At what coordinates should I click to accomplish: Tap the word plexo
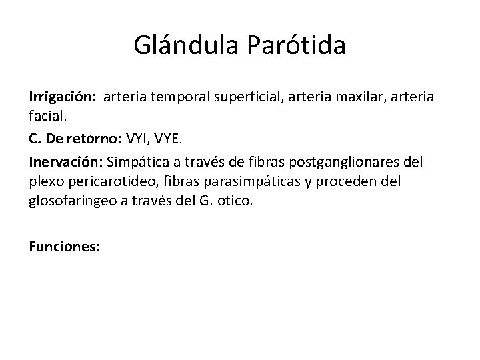45,181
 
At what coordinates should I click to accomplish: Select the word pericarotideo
101,181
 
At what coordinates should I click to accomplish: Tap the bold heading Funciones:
64,246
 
